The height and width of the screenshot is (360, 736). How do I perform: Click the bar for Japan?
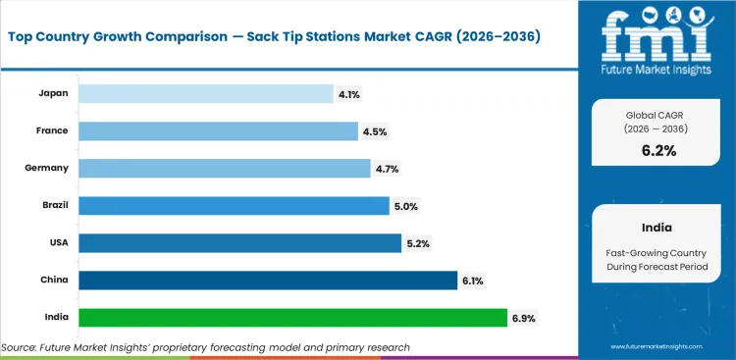(x=206, y=93)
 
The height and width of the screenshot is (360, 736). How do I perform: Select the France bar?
(x=218, y=130)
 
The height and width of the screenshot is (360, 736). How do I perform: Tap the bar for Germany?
(x=224, y=168)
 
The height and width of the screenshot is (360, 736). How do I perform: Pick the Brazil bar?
(x=234, y=205)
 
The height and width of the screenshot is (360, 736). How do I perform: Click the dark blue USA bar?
(x=238, y=242)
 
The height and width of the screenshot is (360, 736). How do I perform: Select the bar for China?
(x=267, y=281)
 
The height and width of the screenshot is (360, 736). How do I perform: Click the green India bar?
(x=292, y=318)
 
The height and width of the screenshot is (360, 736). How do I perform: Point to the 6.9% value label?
(x=523, y=318)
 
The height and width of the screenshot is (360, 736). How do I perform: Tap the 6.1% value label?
(x=473, y=281)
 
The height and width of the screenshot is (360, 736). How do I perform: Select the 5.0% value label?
(x=404, y=205)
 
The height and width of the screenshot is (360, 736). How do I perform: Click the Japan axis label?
(x=54, y=93)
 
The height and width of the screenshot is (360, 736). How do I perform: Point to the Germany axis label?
(x=47, y=168)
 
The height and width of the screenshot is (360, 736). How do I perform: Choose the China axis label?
(x=55, y=281)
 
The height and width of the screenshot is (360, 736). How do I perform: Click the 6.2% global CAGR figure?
(x=659, y=150)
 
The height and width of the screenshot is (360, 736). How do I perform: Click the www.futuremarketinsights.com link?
(x=658, y=347)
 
